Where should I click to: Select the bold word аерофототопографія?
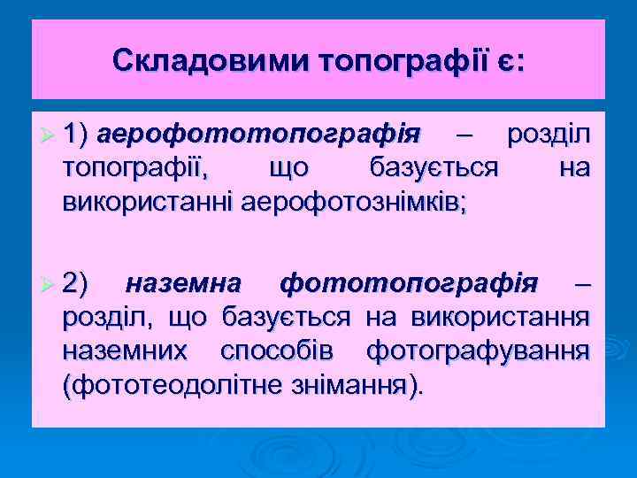260,135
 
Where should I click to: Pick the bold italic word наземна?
184,284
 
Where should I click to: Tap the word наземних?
125,351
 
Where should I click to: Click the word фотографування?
478,351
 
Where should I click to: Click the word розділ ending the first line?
548,135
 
